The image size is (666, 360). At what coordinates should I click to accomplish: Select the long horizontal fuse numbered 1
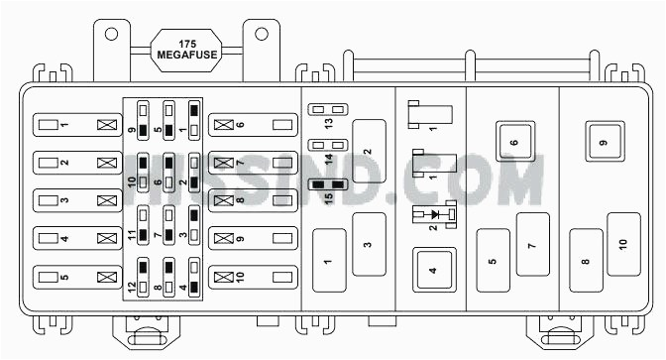tap(75, 126)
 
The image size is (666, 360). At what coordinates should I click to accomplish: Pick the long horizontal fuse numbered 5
tap(75, 276)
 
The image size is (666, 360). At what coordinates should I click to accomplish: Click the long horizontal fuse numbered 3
tap(75, 200)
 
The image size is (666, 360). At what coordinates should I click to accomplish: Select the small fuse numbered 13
tap(326, 110)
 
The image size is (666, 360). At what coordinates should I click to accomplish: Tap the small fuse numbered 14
tap(326, 147)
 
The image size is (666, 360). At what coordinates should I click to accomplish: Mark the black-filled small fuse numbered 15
tap(326, 184)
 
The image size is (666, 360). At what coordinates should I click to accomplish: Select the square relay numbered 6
tap(514, 143)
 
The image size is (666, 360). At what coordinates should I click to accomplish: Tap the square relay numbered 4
tap(433, 269)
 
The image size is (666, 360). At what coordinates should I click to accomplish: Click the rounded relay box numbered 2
tap(368, 151)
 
